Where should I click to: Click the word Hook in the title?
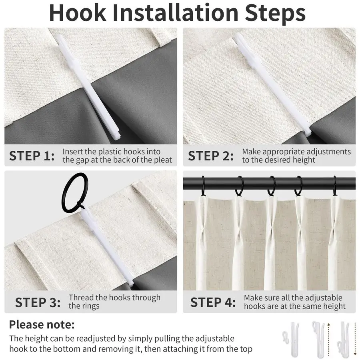point(78,13)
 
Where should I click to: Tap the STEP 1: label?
point(32,156)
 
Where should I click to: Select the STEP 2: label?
point(211,156)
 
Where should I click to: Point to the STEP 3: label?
point(38,302)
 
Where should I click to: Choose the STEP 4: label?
point(213,302)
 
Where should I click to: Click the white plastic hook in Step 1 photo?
point(88,87)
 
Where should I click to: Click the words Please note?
point(42,325)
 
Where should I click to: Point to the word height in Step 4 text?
point(333,306)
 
